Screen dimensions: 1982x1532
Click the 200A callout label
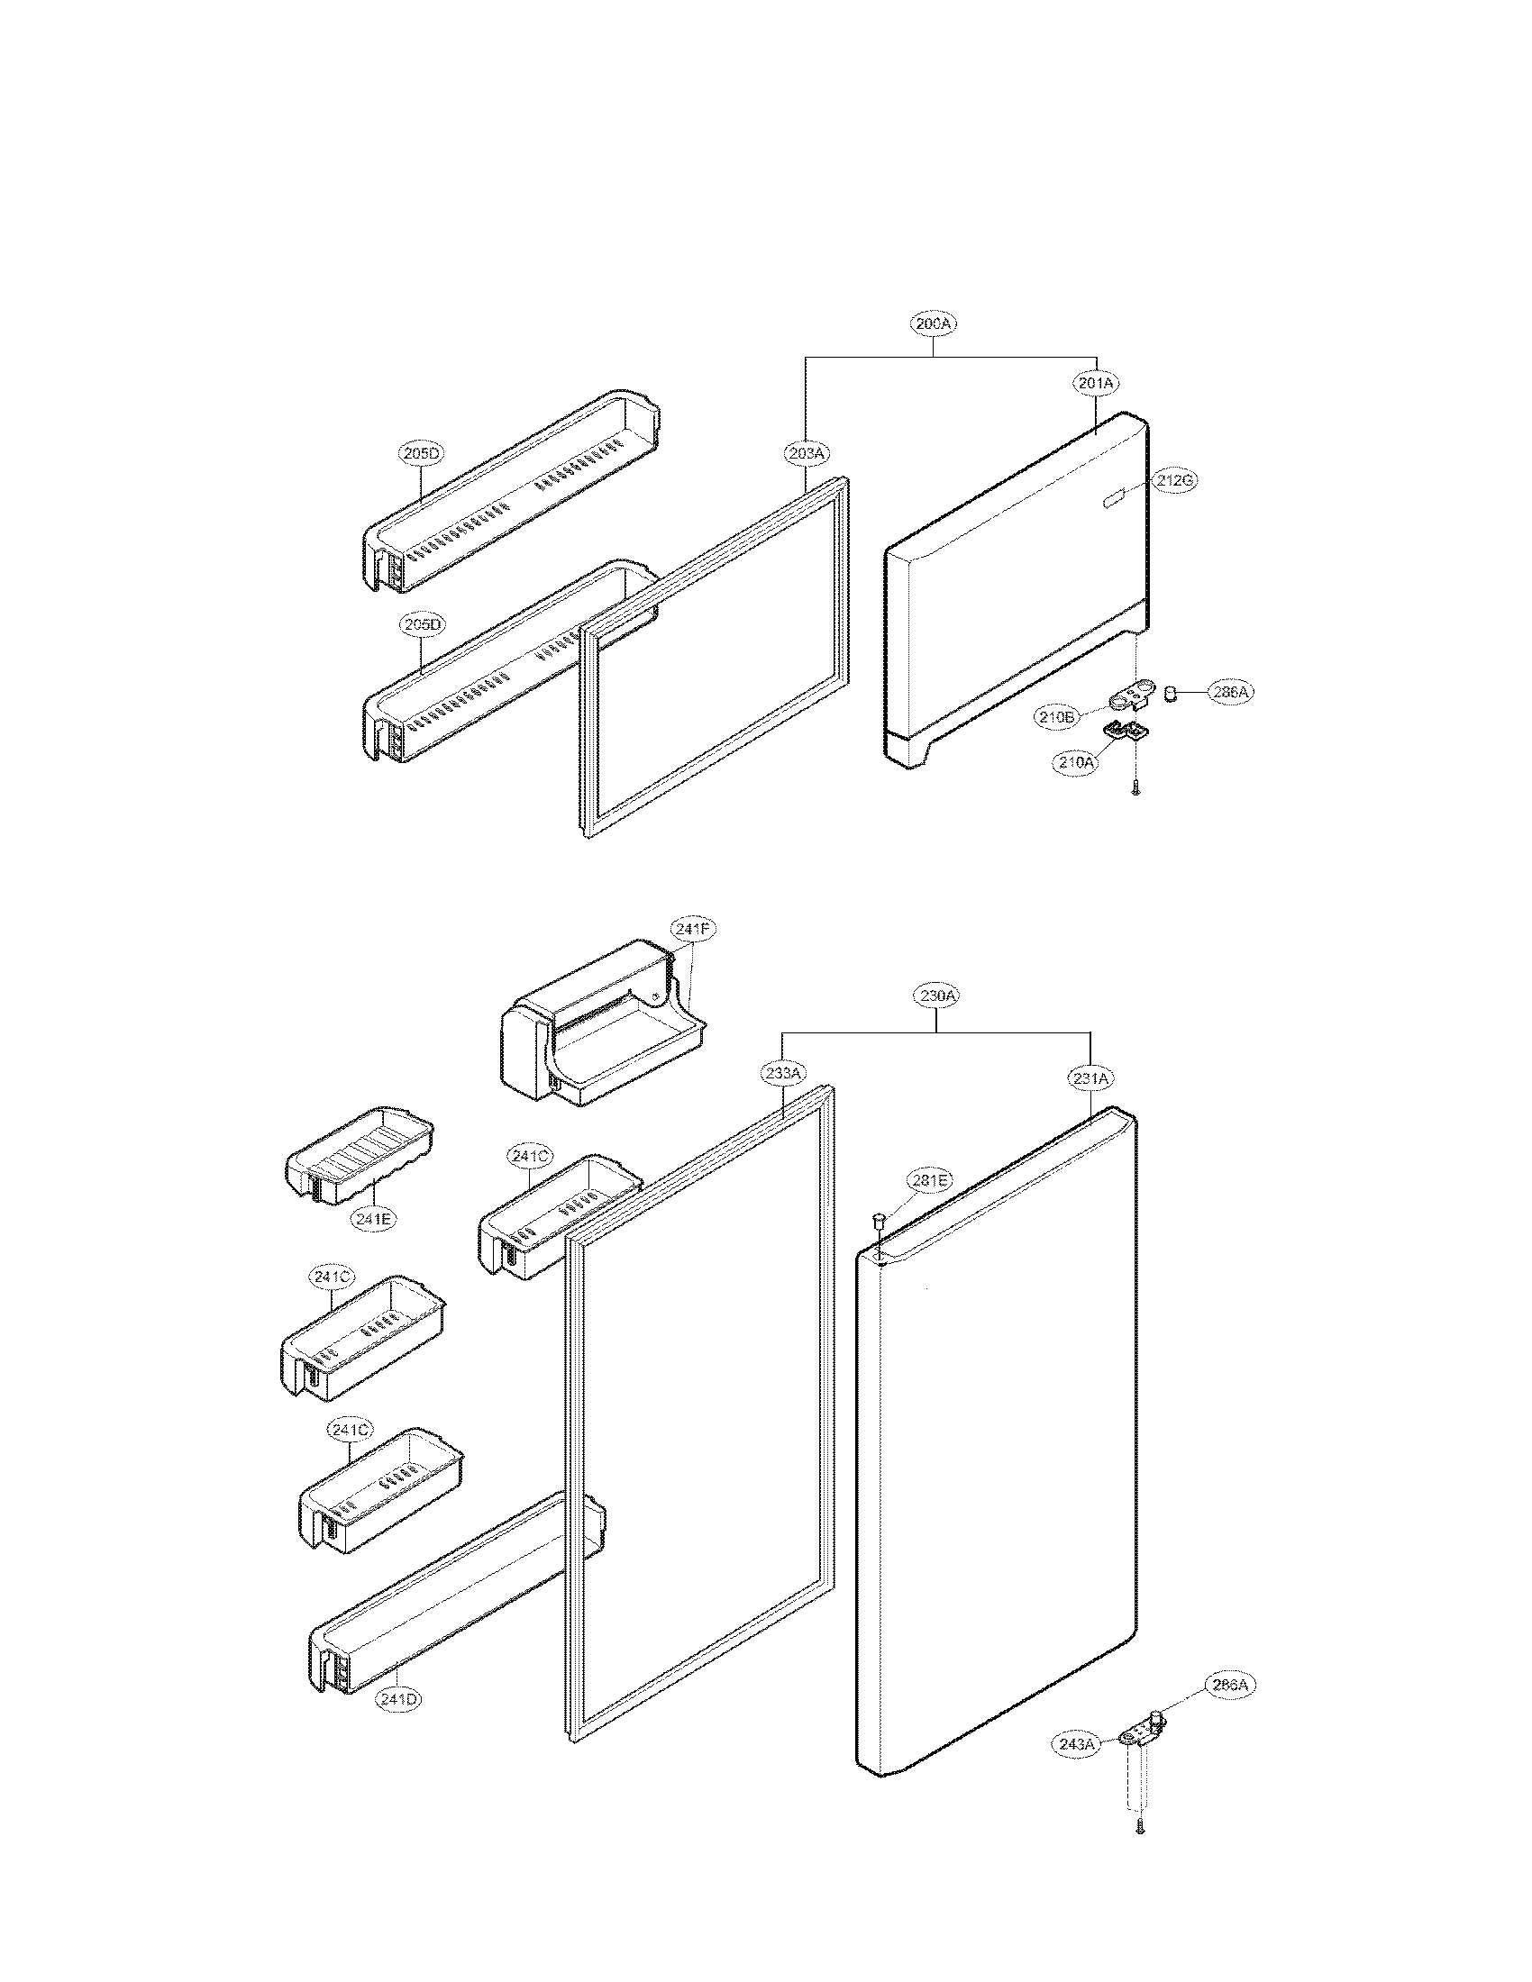tap(934, 323)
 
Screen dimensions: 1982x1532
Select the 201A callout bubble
tap(1097, 384)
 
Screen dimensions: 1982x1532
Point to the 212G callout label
tap(1173, 482)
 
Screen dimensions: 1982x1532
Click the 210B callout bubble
tap(1056, 717)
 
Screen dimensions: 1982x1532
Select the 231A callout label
tap(1090, 1078)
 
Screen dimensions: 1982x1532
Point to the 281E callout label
tap(929, 1181)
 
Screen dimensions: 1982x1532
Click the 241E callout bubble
tap(373, 1220)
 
